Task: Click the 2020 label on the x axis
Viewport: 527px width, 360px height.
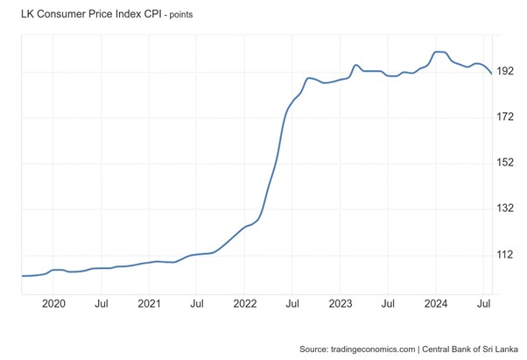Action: click(54, 304)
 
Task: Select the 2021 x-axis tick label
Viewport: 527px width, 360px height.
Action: click(150, 304)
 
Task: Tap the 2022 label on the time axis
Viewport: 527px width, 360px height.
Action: click(245, 304)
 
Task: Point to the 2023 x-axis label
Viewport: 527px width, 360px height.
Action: click(341, 304)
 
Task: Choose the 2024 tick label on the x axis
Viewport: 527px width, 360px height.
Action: click(436, 304)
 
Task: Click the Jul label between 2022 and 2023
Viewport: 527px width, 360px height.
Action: click(292, 304)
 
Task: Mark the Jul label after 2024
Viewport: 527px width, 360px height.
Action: click(483, 304)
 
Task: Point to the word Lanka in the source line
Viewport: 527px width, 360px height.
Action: click(505, 348)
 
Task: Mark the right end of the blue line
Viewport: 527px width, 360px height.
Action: click(491, 74)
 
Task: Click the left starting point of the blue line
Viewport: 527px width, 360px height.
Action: click(21, 276)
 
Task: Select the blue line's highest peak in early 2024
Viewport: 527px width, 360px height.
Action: click(440, 52)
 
